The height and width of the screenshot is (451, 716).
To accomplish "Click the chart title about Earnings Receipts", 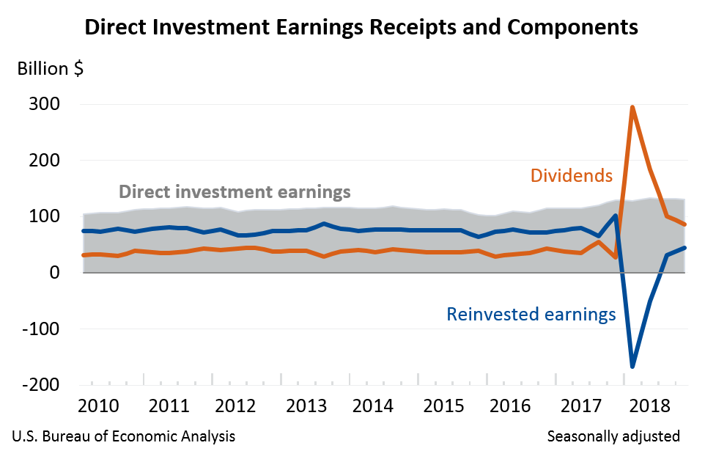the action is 361,28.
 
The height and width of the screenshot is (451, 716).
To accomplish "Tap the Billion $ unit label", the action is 50,69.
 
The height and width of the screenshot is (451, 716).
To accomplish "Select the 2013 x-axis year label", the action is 306,406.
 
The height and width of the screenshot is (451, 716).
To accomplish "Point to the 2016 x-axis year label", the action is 512,406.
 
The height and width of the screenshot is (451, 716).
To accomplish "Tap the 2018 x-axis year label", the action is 649,406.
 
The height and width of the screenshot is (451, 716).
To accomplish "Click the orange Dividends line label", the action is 570,176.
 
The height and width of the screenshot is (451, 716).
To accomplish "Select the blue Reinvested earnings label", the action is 531,315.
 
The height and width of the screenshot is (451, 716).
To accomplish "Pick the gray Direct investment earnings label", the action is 235,193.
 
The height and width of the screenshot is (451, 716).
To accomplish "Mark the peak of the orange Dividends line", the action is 632,108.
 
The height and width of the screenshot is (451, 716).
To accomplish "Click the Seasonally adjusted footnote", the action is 613,436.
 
